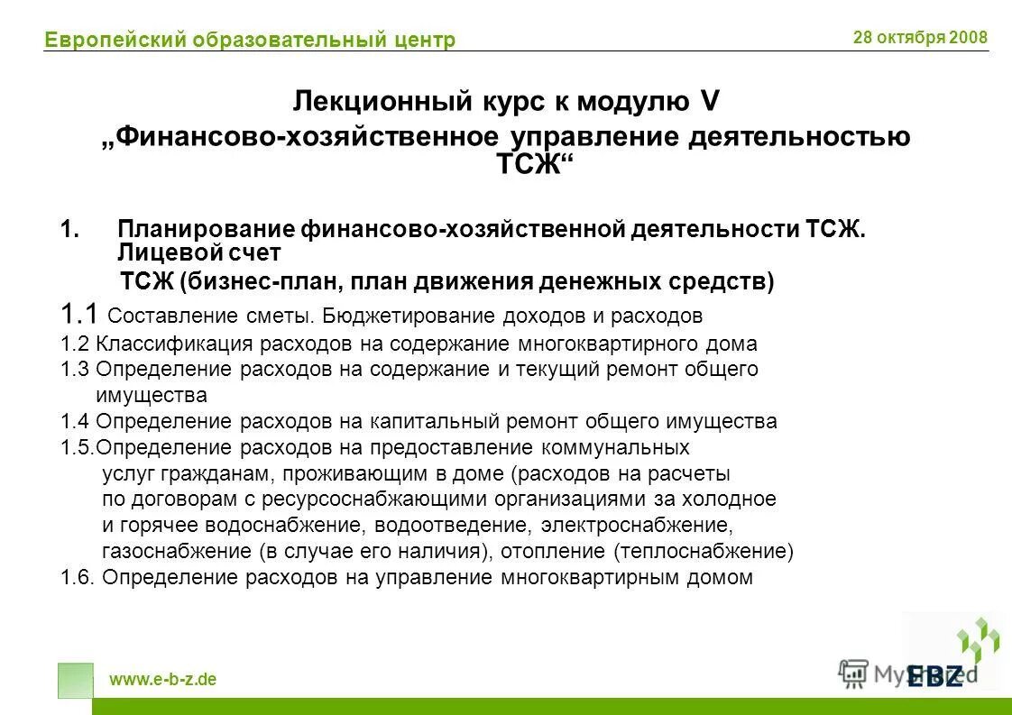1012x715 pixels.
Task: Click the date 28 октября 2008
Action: pos(920,37)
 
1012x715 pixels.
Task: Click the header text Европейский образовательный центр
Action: pos(250,40)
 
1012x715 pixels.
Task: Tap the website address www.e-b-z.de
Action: pos(162,680)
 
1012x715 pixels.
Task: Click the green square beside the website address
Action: pos(75,681)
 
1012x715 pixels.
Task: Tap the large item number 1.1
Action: pos(79,315)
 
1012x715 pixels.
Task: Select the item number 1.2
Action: pos(75,344)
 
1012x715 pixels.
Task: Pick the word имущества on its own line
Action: pos(151,395)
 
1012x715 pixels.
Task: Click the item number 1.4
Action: pos(75,421)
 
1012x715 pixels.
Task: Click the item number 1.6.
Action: pos(78,577)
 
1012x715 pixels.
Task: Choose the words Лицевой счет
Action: pos(199,253)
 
